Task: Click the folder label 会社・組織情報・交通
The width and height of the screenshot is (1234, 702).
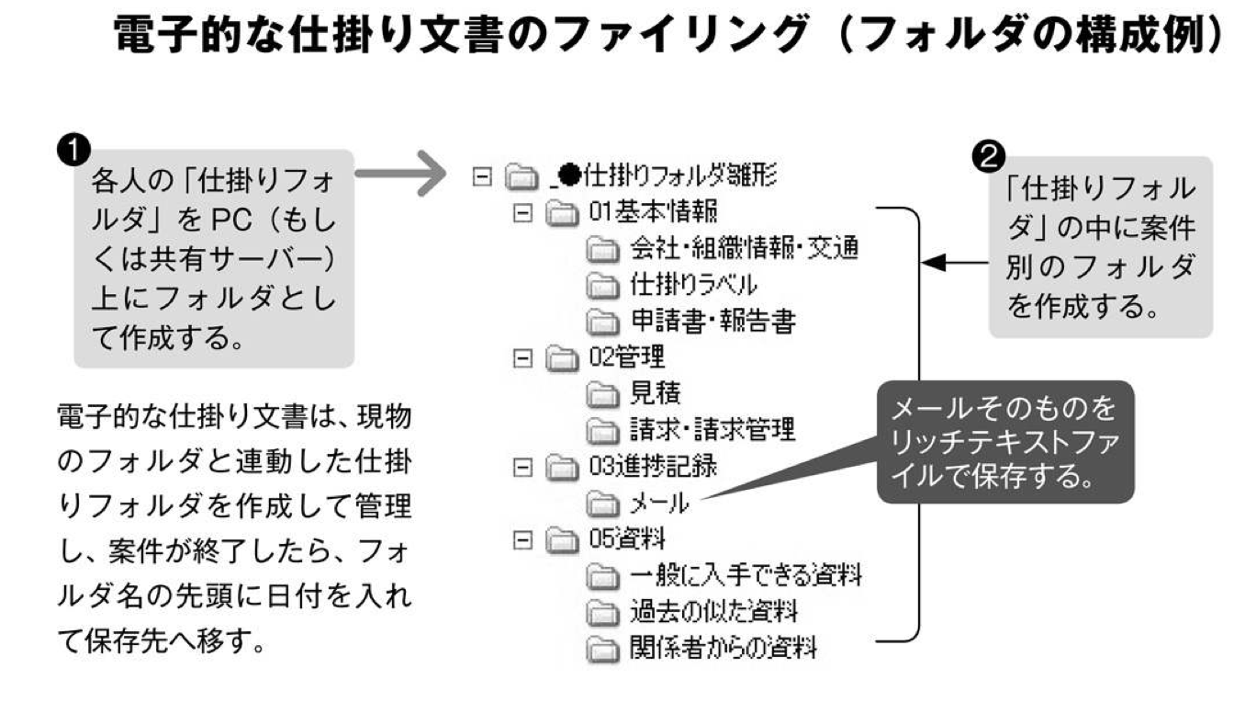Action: [x=745, y=248]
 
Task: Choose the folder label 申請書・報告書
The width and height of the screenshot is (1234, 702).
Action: [x=712, y=320]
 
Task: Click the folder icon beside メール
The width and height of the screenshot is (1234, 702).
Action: [x=604, y=503]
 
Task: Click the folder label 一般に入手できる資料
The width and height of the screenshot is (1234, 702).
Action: [x=745, y=575]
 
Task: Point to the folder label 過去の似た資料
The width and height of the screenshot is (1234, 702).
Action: [x=712, y=611]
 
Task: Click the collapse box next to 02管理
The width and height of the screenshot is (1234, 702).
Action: [x=522, y=357]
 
